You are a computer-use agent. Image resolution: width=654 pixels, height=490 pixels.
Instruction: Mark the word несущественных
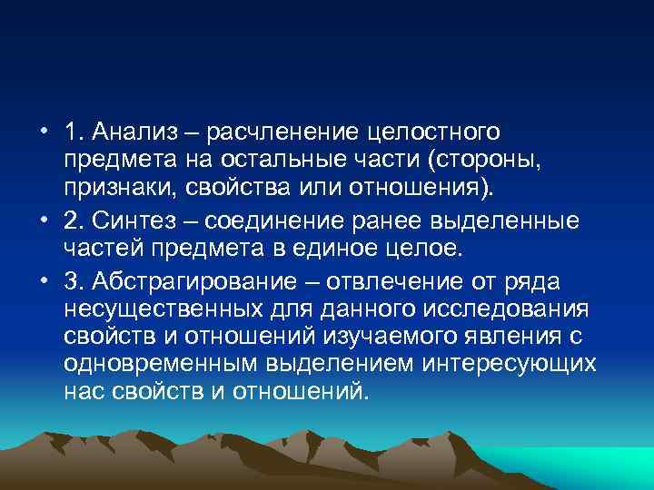165,309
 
